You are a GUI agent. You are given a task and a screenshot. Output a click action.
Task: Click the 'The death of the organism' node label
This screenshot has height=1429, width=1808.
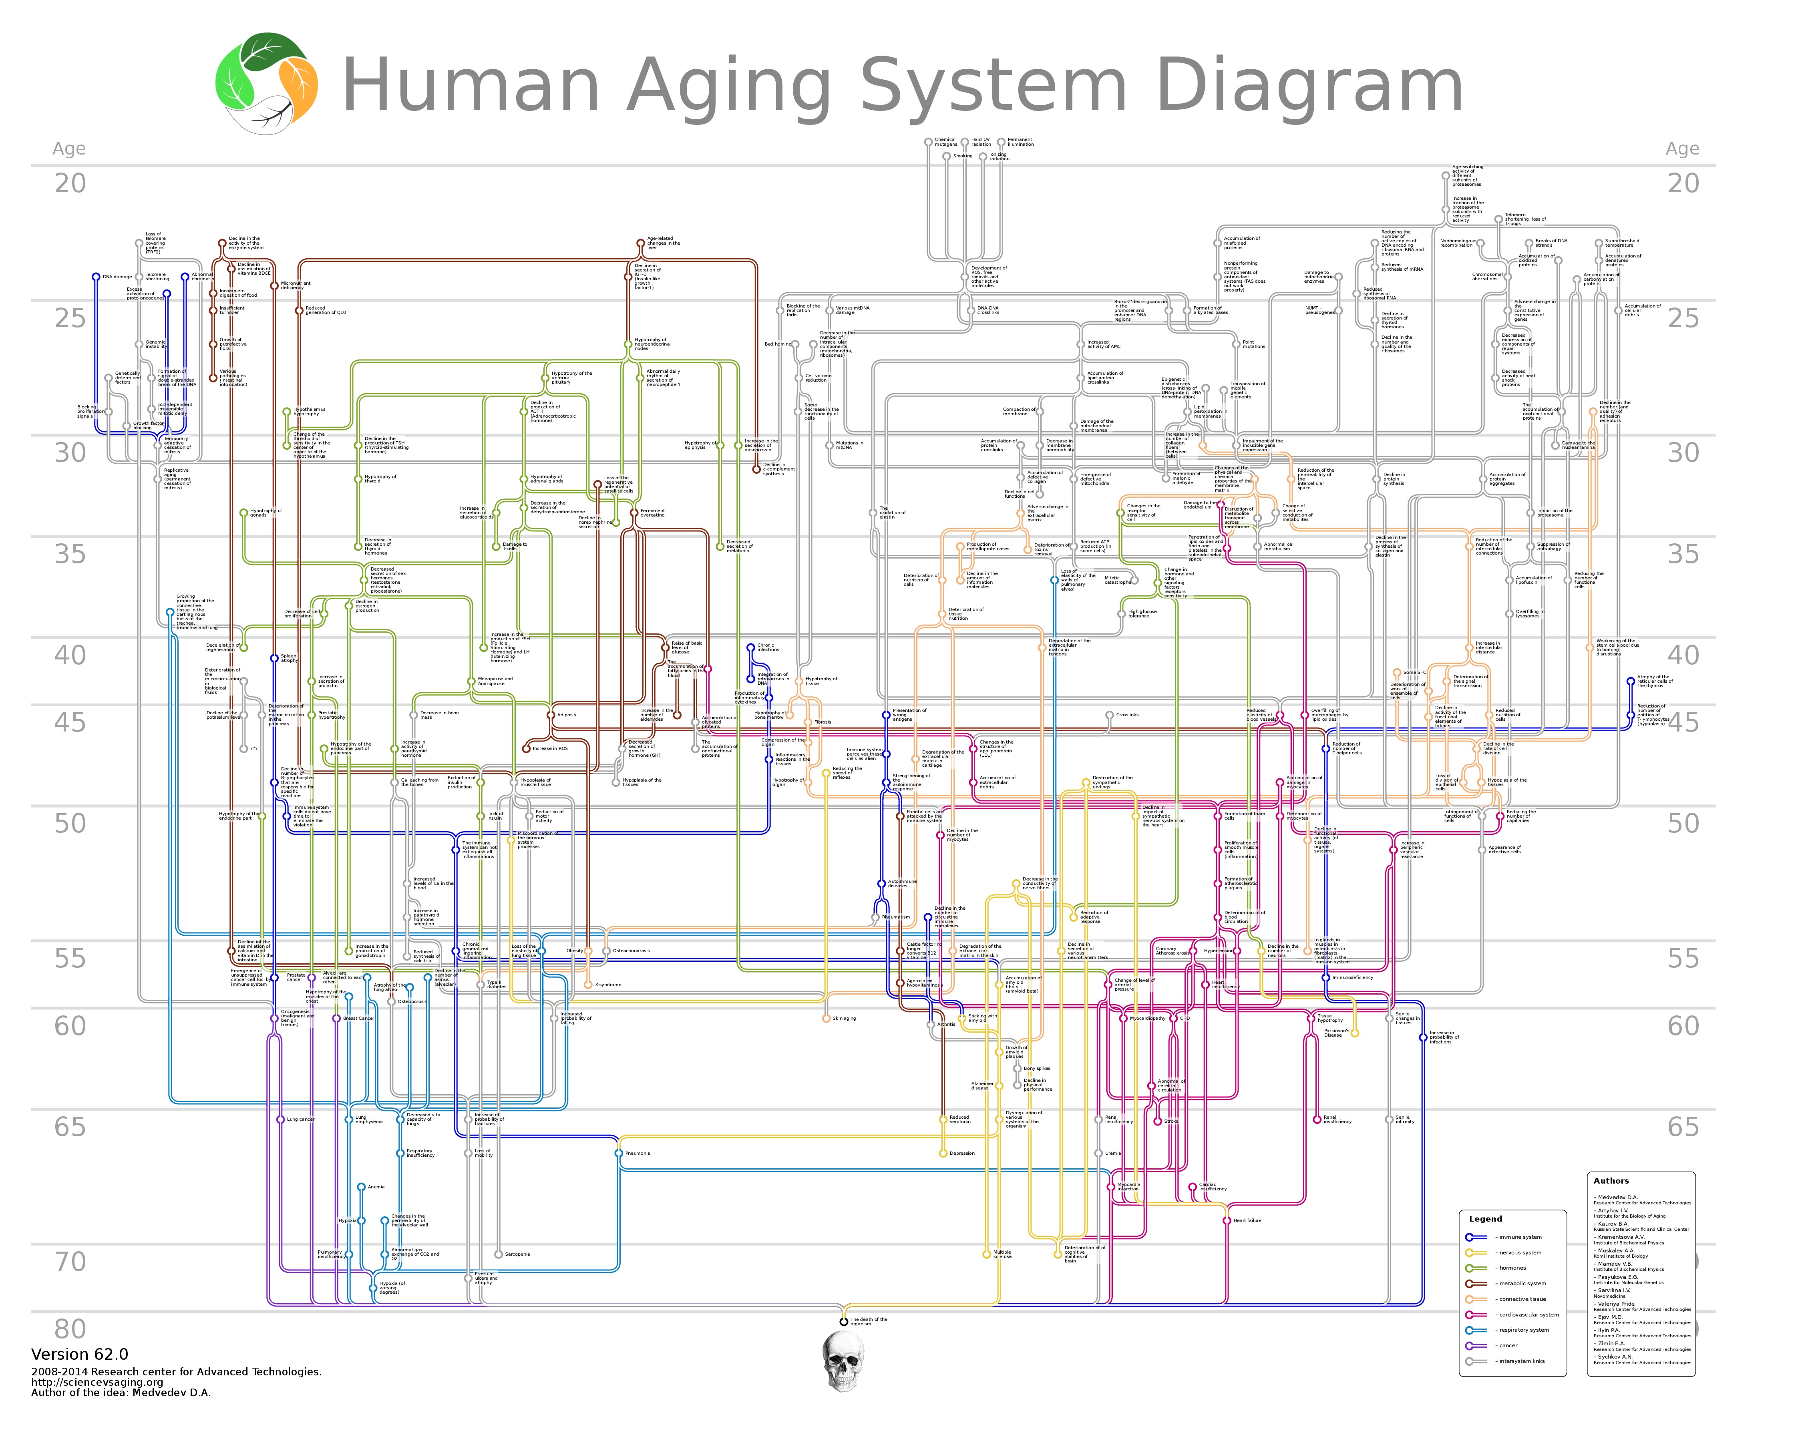click(869, 1321)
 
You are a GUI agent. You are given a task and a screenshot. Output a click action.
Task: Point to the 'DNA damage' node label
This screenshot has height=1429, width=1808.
click(117, 277)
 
